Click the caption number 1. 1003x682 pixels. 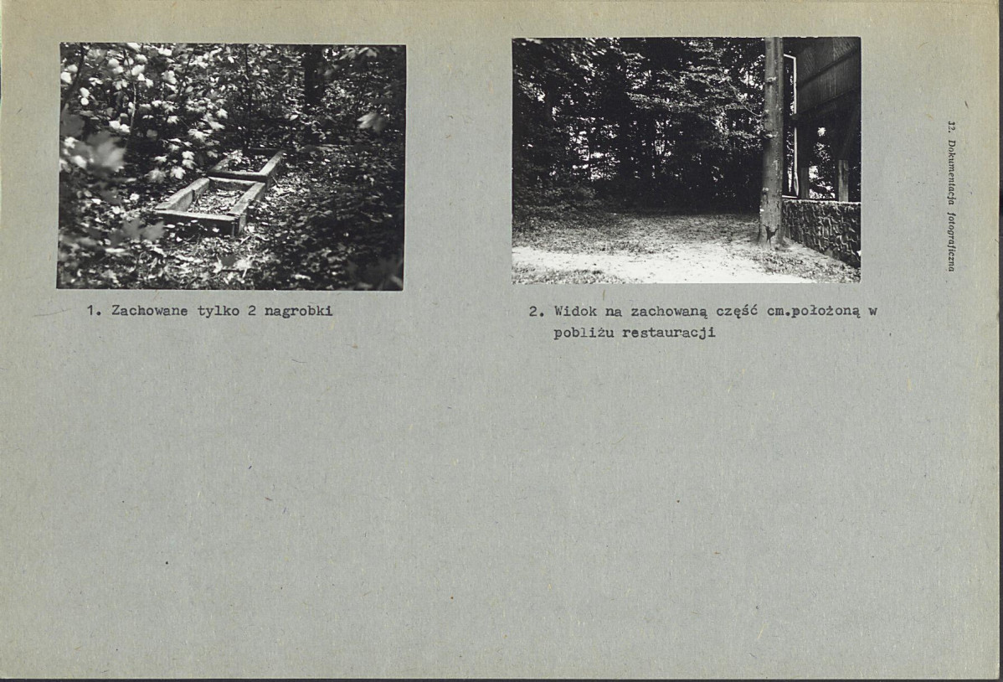tap(93, 311)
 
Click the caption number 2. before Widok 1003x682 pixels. tap(535, 311)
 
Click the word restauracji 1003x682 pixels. tap(669, 333)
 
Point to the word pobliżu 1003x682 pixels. tap(584, 333)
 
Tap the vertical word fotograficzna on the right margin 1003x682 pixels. tap(951, 243)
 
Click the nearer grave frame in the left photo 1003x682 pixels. tap(209, 205)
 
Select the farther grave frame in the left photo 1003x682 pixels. tap(249, 163)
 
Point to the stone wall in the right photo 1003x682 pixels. tap(821, 228)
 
